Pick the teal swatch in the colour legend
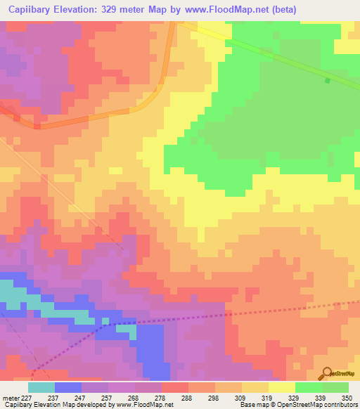[41, 387]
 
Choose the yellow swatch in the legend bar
[282, 387]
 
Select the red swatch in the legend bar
[175, 387]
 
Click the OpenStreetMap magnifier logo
[326, 373]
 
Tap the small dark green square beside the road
[327, 80]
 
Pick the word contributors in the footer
[340, 405]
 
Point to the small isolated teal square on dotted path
[105, 321]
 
